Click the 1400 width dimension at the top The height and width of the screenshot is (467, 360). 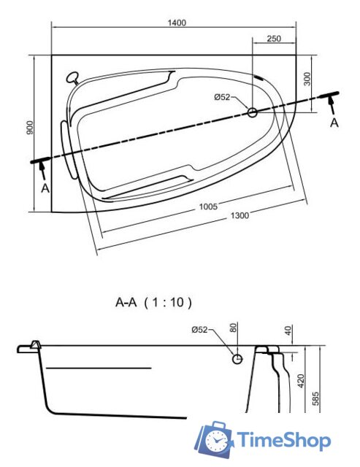click(x=176, y=22)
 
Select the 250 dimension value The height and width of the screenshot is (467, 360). click(x=275, y=39)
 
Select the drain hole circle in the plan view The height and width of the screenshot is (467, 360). click(x=253, y=112)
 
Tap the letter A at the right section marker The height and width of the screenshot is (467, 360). click(x=334, y=123)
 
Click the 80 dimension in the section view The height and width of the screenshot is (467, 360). click(x=234, y=329)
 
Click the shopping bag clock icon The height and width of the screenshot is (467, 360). click(x=214, y=439)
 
